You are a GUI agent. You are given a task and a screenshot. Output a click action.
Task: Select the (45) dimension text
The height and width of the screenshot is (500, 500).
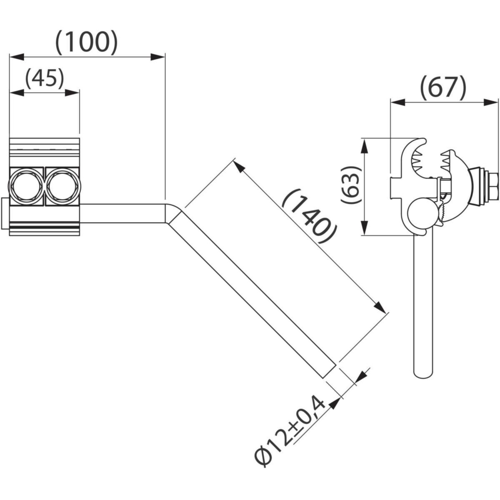pyautogui.click(x=44, y=78)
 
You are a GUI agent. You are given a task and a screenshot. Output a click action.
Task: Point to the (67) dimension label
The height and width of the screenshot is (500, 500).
pyautogui.click(x=443, y=88)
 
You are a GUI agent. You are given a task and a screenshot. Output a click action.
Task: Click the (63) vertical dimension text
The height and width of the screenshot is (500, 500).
pyautogui.click(x=350, y=185)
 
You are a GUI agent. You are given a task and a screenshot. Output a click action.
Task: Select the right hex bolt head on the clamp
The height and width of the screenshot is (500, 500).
pyautogui.click(x=62, y=186)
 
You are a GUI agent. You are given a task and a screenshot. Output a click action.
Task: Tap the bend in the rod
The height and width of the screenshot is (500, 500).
pyautogui.click(x=173, y=213)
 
